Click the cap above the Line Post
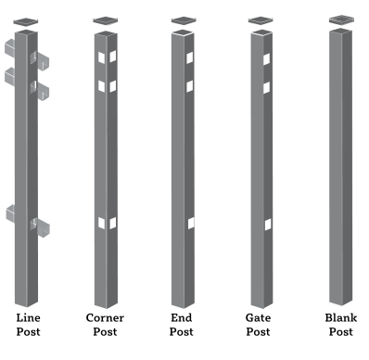26,21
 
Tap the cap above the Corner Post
106,20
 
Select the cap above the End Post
184,20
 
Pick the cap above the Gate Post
261,20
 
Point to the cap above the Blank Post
341,19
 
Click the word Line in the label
28,317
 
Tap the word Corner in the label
105,317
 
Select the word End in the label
182,317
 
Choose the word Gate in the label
258,317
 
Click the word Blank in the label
341,317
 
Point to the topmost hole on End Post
190,58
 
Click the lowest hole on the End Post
191,223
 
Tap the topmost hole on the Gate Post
266,59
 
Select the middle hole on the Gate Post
266,87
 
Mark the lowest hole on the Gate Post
268,225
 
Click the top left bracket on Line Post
10,49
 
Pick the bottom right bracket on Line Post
41,226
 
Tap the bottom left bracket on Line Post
10,213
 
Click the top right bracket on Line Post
40,60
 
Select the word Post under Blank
340,332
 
